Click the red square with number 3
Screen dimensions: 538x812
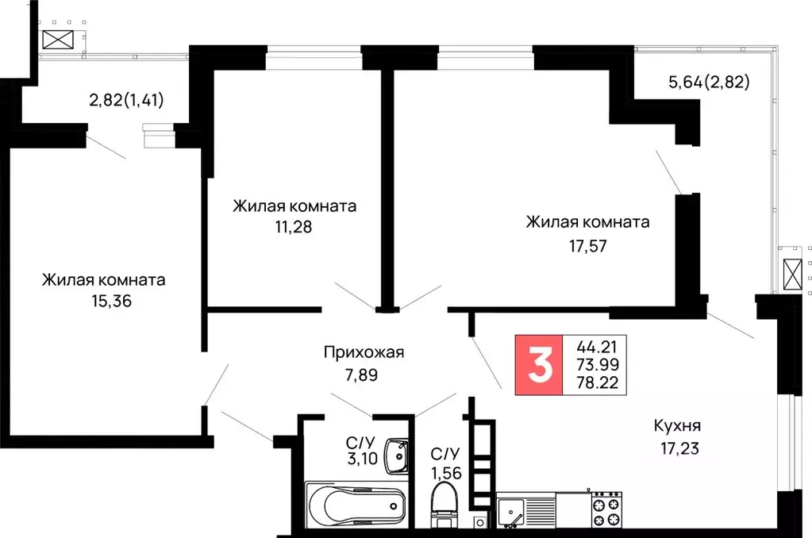click(539, 365)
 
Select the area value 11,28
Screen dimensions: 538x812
click(294, 226)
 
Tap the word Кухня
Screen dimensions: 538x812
click(677, 425)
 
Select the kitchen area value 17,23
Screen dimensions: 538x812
click(677, 447)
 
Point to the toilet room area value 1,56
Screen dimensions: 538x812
click(445, 474)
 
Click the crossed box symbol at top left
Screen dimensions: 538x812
click(57, 40)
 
